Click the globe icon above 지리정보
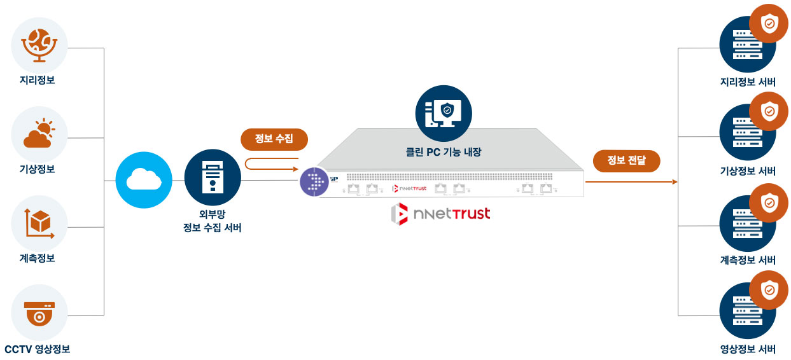[39, 45]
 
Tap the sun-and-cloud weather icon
[39, 134]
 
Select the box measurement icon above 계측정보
[39, 223]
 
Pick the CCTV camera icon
[39, 312]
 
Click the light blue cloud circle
[144, 180]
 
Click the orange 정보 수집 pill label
[274, 139]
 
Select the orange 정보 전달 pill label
[626, 160]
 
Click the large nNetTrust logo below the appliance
[441, 214]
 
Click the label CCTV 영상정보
[37, 349]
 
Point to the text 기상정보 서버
[748, 171]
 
